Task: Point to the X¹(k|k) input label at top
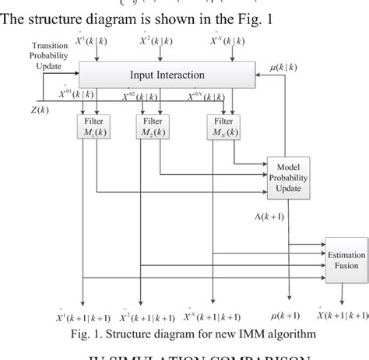[95, 40]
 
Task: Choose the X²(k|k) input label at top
[159, 40]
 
